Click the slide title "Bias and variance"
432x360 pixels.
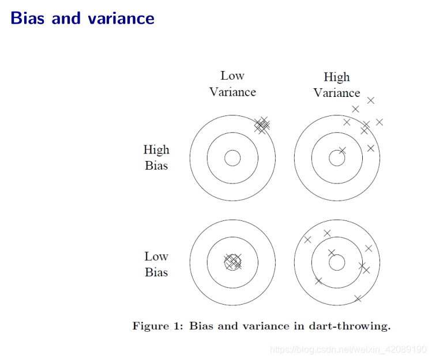pos(82,18)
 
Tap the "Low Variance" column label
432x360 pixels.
pos(232,84)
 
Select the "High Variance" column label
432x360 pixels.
pos(336,85)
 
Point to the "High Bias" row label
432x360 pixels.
pos(156,157)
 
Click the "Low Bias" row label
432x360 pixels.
pos(156,264)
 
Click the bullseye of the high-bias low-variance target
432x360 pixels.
pos(232,157)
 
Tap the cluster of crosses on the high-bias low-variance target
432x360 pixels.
pos(262,125)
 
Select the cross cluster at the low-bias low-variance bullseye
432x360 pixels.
pos(232,262)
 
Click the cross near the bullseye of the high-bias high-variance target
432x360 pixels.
pos(341,151)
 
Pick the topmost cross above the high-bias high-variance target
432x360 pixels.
pos(371,100)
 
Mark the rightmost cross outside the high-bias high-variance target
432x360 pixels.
pos(380,122)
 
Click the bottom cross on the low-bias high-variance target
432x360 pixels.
pos(358,298)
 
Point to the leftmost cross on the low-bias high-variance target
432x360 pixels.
pos(307,239)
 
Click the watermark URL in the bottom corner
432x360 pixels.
pos(348,350)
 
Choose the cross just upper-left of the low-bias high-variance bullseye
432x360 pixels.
pos(331,252)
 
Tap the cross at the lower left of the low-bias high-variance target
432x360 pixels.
pos(318,281)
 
